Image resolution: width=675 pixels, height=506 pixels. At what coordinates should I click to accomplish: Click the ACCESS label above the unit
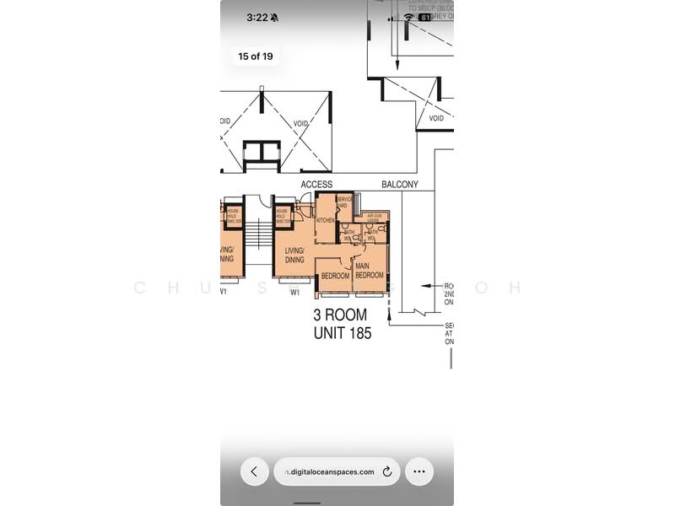(316, 184)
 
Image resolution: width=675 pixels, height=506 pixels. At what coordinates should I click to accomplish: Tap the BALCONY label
(400, 184)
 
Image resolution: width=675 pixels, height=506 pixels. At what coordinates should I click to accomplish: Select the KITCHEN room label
(326, 220)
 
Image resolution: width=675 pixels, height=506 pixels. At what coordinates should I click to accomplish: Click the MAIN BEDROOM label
(369, 271)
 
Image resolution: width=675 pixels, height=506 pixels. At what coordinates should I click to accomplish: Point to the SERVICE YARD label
(344, 202)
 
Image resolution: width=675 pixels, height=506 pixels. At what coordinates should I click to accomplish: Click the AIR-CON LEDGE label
(372, 218)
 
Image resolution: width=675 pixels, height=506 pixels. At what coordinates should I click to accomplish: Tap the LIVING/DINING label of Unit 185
(294, 255)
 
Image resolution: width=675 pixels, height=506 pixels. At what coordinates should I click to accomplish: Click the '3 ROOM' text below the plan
(341, 315)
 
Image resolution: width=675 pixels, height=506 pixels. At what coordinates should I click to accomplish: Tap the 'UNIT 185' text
(343, 333)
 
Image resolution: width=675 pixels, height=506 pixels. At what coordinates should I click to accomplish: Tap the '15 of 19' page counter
(255, 57)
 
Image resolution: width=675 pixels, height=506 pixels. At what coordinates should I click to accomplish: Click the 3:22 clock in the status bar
(256, 17)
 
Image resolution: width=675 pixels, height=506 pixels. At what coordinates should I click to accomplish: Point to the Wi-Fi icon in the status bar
(409, 17)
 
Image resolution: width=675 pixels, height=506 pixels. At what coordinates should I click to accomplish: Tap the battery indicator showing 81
(425, 17)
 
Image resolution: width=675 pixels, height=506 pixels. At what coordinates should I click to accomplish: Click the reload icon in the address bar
(387, 472)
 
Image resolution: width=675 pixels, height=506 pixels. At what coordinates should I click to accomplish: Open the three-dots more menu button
(419, 472)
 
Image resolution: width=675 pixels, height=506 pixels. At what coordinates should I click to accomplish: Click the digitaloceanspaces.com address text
(330, 472)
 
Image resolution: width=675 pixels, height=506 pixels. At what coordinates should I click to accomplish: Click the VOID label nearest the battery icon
(436, 118)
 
